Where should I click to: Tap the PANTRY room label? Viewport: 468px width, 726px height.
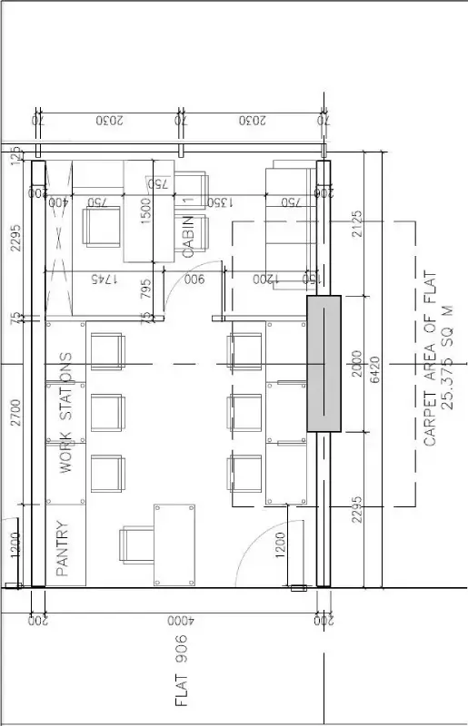pos(62,548)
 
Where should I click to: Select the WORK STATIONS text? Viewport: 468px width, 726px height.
pos(65,412)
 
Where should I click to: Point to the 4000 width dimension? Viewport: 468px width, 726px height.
pos(178,622)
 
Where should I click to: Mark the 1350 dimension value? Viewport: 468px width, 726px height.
pos(221,201)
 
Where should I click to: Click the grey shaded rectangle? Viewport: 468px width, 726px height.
pos(324,363)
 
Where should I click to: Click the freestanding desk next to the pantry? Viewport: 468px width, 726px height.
pos(175,545)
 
